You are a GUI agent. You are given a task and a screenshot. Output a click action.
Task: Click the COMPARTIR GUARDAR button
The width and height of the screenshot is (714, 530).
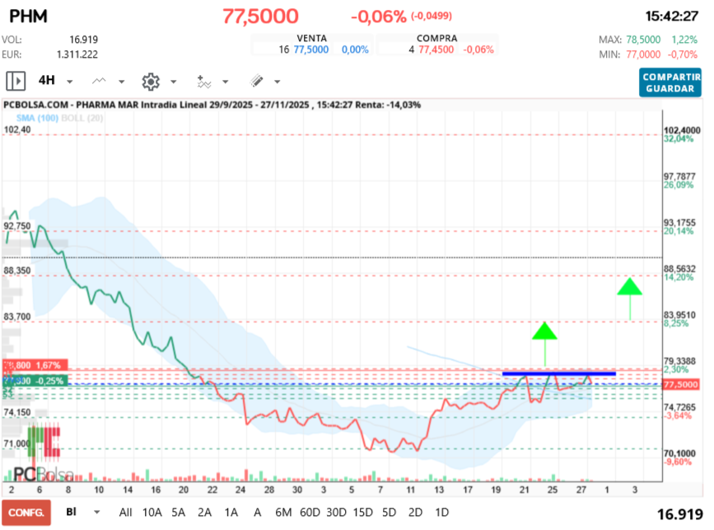tap(670, 82)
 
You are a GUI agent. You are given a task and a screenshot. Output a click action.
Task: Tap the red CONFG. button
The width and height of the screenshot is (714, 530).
tap(26, 512)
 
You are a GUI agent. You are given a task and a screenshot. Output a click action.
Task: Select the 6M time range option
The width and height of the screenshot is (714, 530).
tap(283, 512)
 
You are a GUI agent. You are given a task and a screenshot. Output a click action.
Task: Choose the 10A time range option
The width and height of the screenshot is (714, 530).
tap(152, 512)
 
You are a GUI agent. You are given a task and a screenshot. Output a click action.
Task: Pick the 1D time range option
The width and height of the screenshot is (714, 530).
tap(441, 512)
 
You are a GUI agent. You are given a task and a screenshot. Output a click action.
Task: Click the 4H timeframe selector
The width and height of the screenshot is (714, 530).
tap(46, 81)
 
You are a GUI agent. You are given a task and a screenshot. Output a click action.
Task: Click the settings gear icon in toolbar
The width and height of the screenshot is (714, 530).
tap(150, 81)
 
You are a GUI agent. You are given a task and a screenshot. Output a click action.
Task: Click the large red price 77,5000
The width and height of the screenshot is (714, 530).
tap(260, 16)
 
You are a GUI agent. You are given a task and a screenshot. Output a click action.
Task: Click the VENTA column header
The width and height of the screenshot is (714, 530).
tap(311, 38)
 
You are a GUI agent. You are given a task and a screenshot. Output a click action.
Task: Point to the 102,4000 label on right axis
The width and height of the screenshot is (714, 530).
tap(682, 130)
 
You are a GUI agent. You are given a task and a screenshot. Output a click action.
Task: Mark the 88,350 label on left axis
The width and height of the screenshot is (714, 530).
tap(17, 270)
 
